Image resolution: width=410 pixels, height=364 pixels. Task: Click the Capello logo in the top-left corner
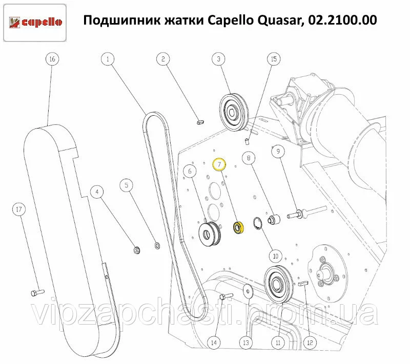(35, 23)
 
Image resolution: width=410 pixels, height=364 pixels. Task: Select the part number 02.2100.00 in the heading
(342, 20)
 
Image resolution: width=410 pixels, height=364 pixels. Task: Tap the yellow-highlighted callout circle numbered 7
(219, 164)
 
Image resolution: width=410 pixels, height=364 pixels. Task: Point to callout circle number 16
(52, 59)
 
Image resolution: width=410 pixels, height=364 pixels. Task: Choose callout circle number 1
(108, 59)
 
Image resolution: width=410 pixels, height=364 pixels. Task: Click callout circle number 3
(219, 59)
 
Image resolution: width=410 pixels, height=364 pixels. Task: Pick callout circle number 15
(274, 59)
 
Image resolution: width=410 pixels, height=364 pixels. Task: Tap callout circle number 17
(19, 209)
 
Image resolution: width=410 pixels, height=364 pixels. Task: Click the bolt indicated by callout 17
(37, 293)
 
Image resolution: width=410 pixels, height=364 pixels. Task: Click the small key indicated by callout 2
(200, 122)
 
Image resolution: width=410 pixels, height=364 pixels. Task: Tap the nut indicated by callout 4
(137, 250)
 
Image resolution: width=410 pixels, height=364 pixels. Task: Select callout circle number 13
(246, 342)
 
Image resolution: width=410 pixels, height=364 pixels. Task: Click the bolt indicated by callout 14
(226, 296)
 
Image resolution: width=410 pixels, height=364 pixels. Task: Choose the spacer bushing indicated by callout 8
(274, 219)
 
